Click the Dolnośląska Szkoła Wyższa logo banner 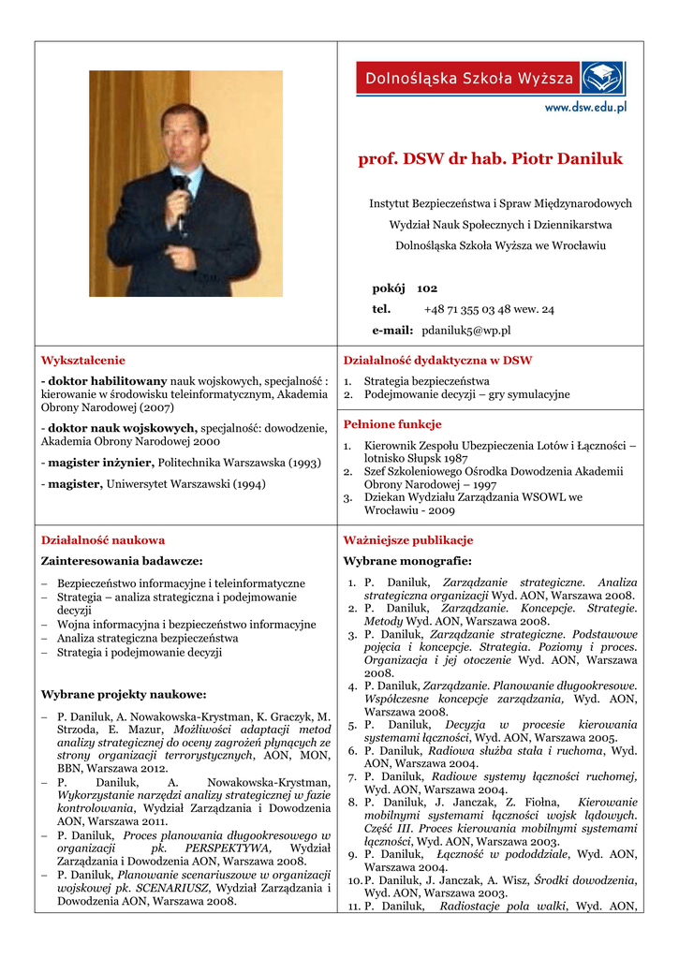tap(490, 79)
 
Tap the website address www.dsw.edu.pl tap(585, 107)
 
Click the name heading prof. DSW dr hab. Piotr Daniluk tap(490, 159)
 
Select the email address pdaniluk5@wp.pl tap(465, 331)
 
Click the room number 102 tap(427, 288)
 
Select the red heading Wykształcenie tap(82, 360)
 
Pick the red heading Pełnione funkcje tap(392, 424)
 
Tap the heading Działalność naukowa tap(103, 540)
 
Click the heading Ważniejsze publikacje tap(408, 540)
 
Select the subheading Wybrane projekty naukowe tap(124, 695)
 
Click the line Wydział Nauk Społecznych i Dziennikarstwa tap(500, 225)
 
